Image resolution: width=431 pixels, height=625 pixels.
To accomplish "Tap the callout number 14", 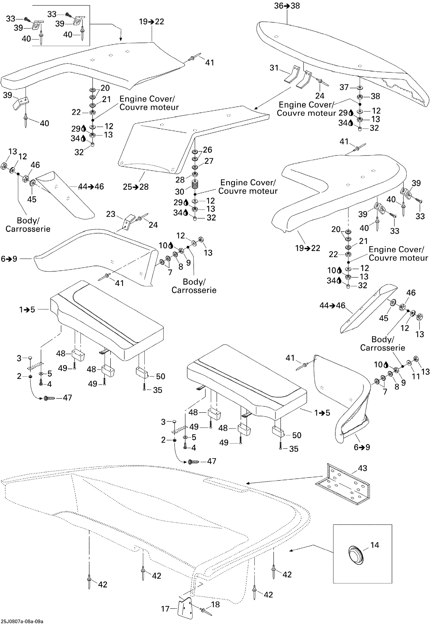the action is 374,545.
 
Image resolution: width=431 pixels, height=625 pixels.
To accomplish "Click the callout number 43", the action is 362,468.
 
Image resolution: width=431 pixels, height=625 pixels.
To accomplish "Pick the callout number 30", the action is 179,191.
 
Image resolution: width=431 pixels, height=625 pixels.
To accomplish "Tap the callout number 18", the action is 215,604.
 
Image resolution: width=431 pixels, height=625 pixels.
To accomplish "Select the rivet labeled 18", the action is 206,611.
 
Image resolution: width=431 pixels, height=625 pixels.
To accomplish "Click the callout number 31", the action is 274,68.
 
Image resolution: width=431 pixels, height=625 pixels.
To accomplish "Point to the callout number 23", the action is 111,214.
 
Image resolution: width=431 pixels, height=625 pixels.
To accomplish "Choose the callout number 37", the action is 344,87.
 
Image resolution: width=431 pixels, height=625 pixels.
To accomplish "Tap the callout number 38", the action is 375,96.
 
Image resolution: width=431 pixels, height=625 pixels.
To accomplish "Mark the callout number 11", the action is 416,376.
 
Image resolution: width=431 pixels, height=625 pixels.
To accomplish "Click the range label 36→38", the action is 287,6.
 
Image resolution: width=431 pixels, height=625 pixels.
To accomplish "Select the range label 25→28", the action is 136,187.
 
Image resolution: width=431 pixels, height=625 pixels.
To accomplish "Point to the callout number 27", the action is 209,161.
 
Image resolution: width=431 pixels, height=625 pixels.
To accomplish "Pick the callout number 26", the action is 207,150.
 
